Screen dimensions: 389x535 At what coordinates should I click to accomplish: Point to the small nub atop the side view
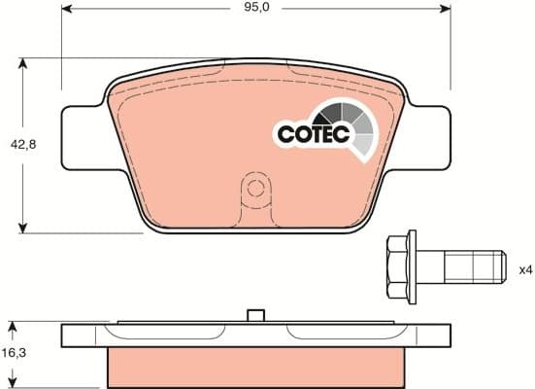point(256,315)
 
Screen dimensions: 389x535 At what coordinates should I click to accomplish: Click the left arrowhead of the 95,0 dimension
point(68,9)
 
